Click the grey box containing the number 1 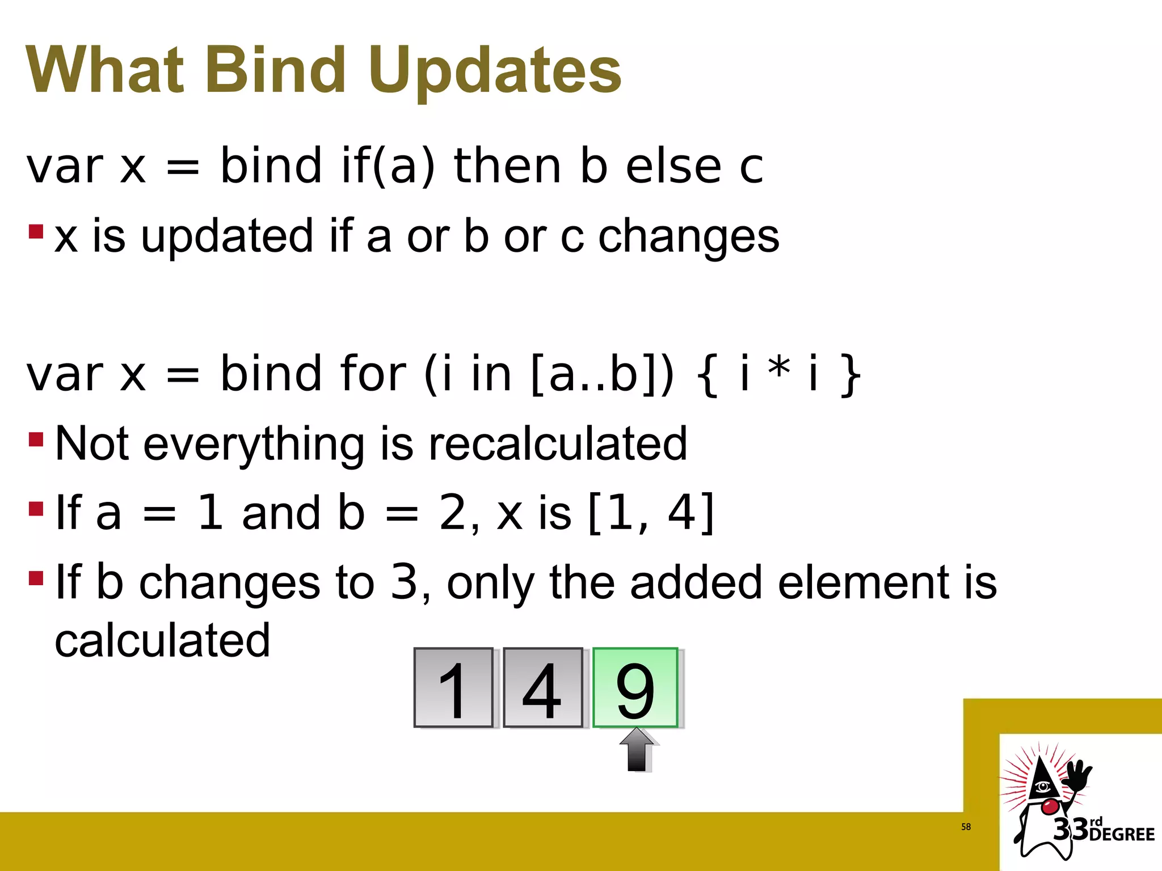tap(453, 687)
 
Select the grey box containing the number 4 tap(542, 687)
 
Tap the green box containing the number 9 tap(635, 687)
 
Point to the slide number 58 tap(966, 827)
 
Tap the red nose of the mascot tap(1050, 805)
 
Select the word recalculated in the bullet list tap(557, 443)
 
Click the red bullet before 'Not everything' tap(36, 439)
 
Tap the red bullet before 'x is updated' tap(36, 231)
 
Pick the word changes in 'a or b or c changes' tap(689, 236)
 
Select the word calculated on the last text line tap(162, 641)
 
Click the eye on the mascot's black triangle tap(1042, 786)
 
